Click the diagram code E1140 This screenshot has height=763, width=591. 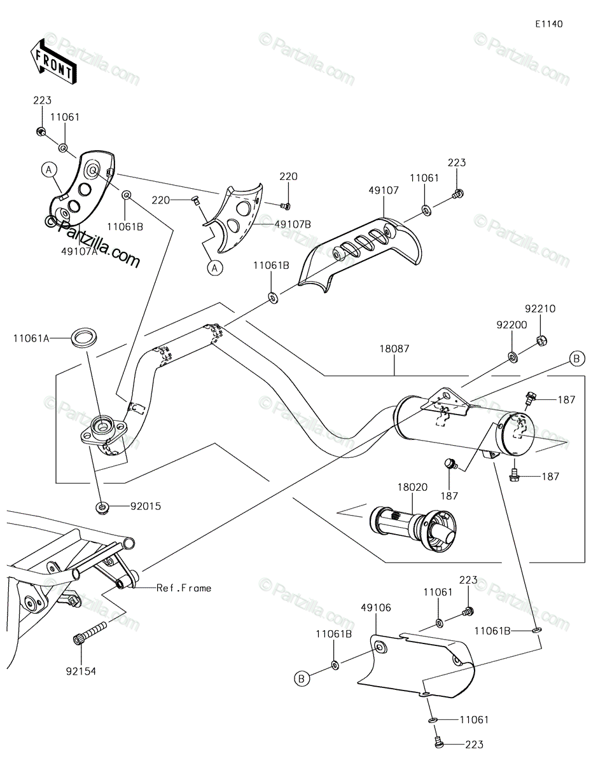549,24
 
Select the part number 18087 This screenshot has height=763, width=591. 394,348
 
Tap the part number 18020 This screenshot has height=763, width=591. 412,487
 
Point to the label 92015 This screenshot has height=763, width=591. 146,506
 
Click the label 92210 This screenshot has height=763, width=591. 540,308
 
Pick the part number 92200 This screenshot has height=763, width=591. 511,325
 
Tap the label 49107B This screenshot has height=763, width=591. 293,224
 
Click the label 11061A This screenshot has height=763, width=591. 31,338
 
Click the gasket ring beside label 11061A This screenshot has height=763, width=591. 84,337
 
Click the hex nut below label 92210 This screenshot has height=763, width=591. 542,340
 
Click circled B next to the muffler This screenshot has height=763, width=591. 576,359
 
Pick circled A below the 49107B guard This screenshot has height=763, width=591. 215,268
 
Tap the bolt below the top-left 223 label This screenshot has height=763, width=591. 41,132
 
